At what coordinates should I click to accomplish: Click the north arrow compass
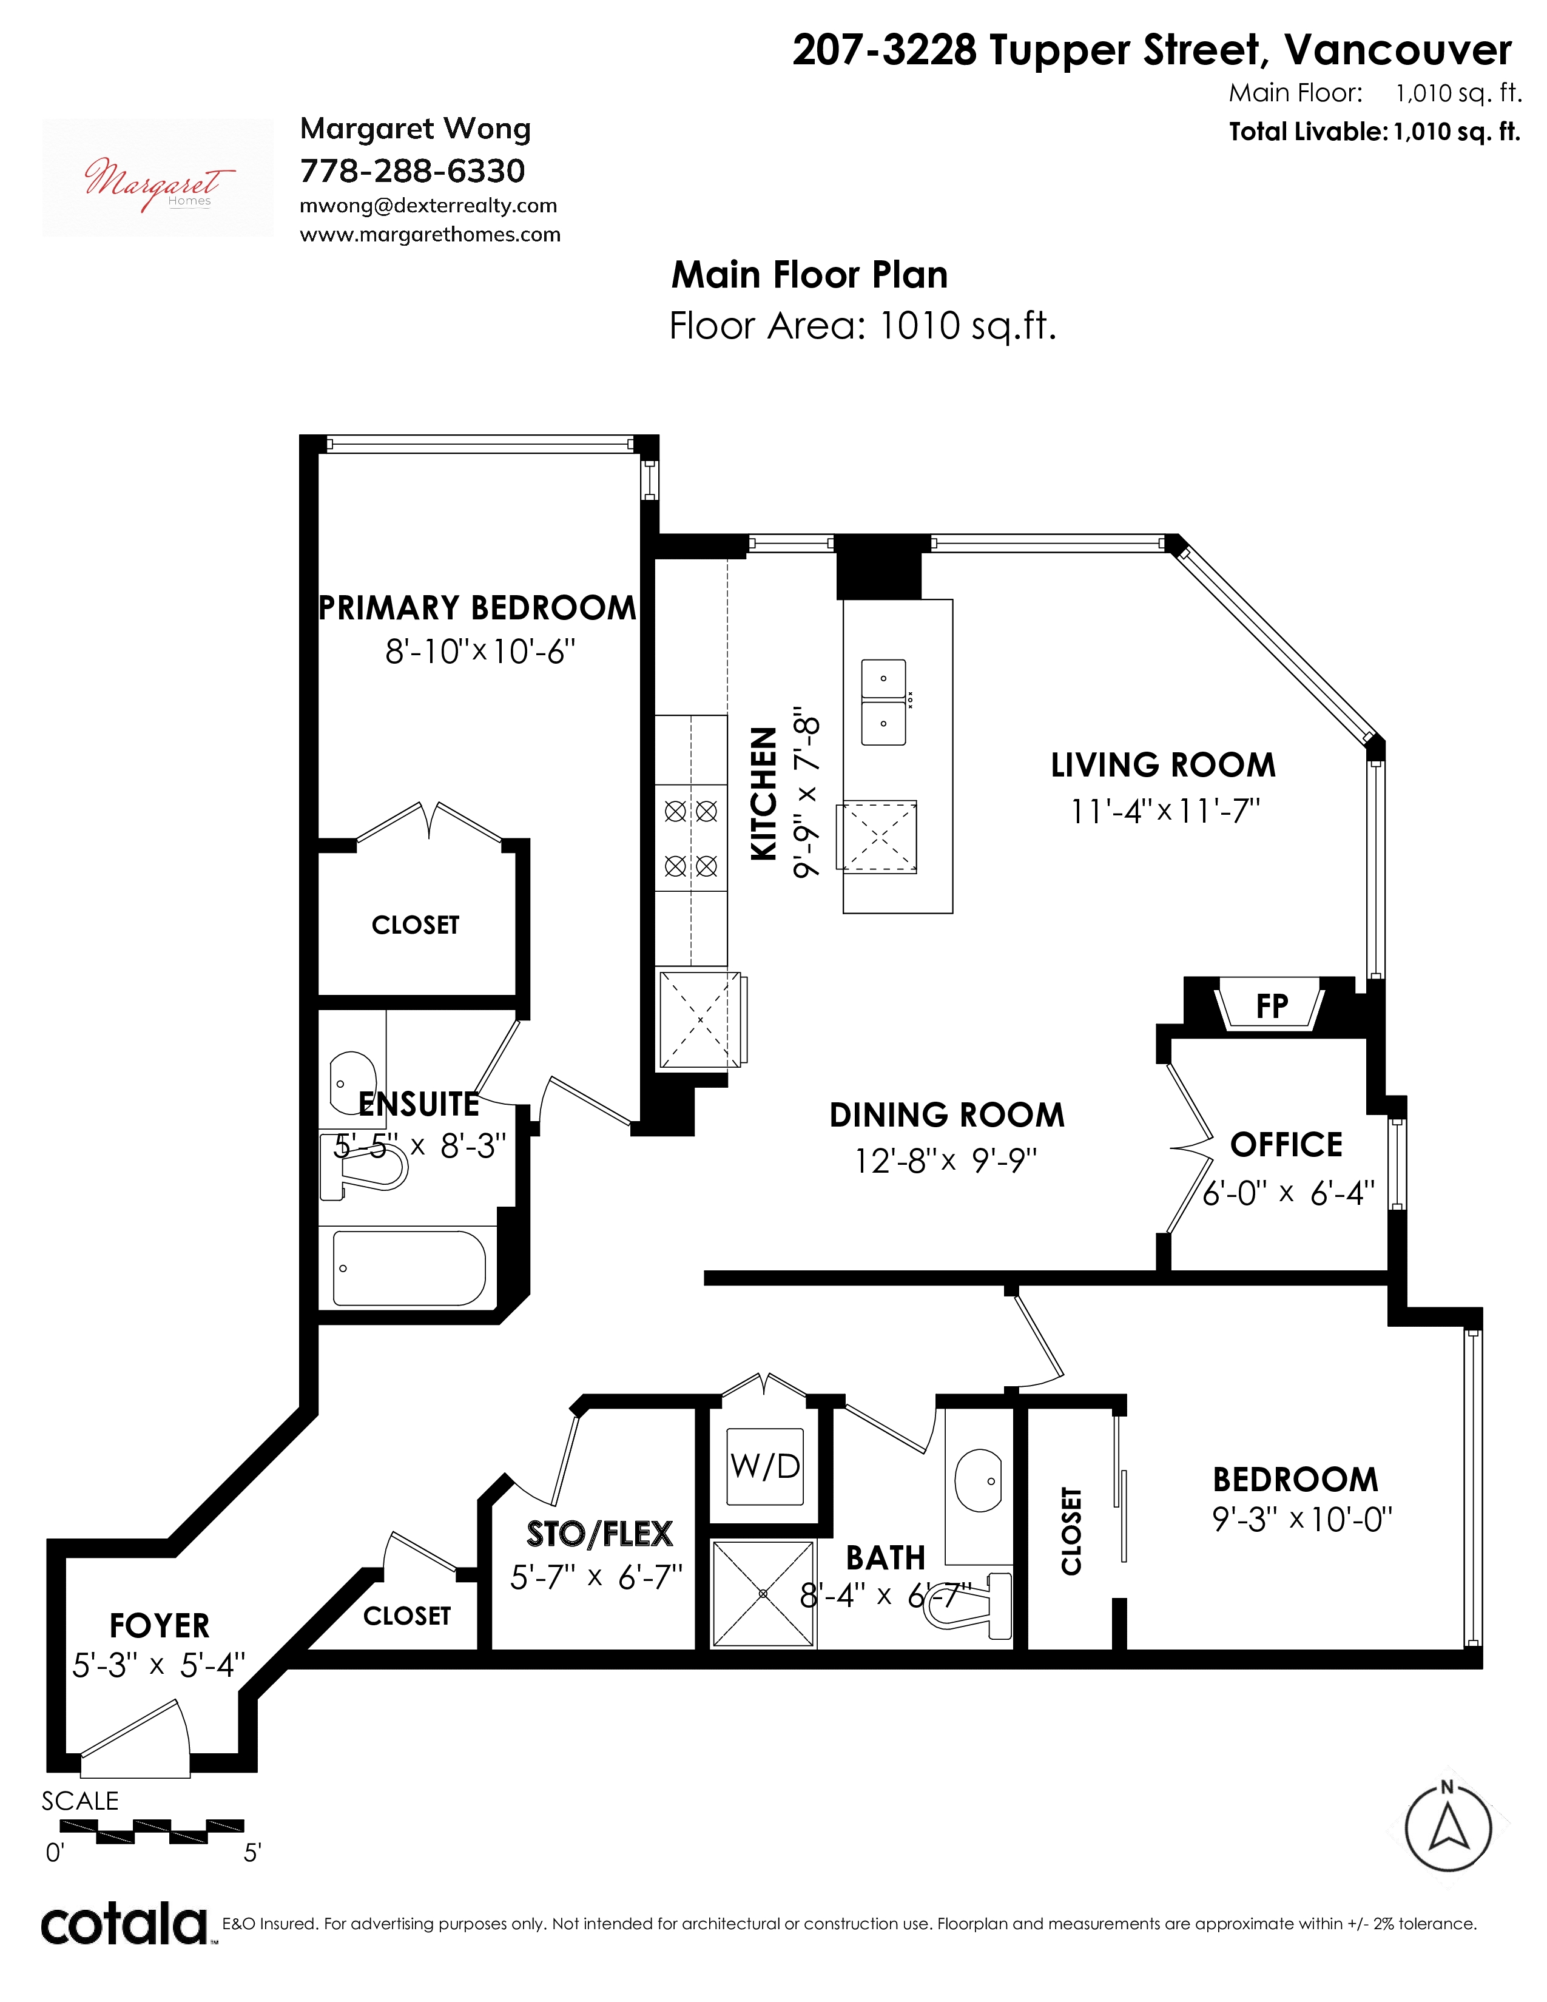(1448, 1826)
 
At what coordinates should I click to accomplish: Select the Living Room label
(1163, 764)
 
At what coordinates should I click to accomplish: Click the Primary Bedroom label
(477, 608)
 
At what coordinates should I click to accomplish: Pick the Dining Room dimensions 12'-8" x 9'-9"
(946, 1161)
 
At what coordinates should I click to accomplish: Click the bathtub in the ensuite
(409, 1268)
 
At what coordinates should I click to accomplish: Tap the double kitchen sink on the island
(883, 702)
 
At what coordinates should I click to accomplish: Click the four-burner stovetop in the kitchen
(691, 838)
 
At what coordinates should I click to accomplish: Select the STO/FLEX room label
(599, 1534)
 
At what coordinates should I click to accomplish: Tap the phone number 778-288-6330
(413, 170)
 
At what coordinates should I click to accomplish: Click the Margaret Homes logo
(158, 178)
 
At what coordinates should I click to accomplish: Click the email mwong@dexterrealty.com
(428, 206)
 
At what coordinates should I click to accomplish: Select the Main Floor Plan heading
(809, 274)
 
